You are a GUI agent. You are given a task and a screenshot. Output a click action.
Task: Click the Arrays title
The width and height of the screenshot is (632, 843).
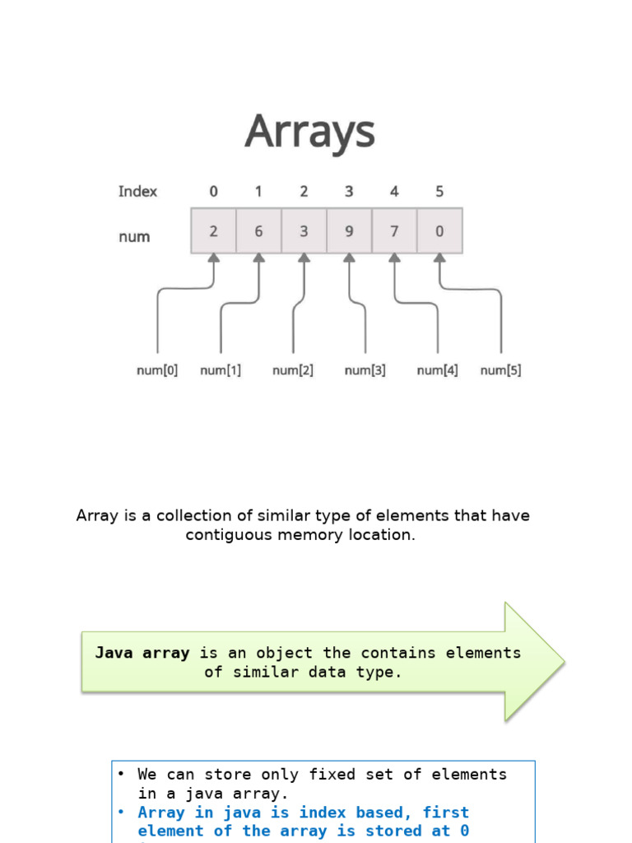pyautogui.click(x=309, y=133)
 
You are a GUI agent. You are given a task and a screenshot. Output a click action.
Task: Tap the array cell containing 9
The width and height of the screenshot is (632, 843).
pyautogui.click(x=349, y=231)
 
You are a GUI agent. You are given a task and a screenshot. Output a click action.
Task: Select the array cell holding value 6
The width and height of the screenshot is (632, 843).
pyautogui.click(x=258, y=231)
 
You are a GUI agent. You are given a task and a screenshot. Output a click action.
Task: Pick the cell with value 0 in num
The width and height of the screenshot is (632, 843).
pyautogui.click(x=439, y=231)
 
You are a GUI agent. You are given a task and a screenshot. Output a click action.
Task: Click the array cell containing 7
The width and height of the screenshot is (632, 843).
pyautogui.click(x=394, y=231)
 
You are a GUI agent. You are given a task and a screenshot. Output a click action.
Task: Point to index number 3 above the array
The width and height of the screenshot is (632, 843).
pyautogui.click(x=349, y=192)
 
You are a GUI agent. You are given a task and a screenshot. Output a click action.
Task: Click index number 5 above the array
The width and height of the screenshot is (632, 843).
pyautogui.click(x=439, y=192)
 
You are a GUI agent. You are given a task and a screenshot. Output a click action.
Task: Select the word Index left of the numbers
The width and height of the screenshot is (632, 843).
pyautogui.click(x=137, y=192)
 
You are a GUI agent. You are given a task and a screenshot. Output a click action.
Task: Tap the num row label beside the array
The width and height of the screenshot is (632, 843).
pyautogui.click(x=134, y=237)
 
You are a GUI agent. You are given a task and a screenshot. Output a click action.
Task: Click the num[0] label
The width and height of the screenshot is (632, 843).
pyautogui.click(x=156, y=371)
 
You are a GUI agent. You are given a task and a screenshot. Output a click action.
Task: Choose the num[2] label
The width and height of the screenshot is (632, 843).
pyautogui.click(x=293, y=371)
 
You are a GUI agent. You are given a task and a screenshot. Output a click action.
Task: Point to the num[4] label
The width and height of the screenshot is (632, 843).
pyautogui.click(x=438, y=371)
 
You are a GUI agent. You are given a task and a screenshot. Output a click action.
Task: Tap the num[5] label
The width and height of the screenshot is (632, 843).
pyautogui.click(x=500, y=371)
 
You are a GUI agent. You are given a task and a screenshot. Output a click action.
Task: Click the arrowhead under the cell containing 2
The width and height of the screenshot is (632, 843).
pyautogui.click(x=214, y=258)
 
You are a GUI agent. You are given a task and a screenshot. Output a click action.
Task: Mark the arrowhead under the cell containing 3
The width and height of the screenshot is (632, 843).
pyautogui.click(x=304, y=258)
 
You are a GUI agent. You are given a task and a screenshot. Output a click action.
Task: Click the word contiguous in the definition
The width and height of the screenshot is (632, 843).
pyautogui.click(x=224, y=535)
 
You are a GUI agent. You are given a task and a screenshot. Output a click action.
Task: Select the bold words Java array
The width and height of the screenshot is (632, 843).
pyautogui.click(x=142, y=653)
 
